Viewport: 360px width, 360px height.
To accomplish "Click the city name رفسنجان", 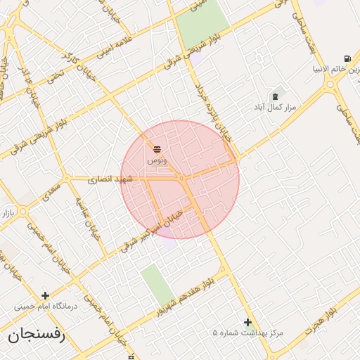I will (x=37, y=335).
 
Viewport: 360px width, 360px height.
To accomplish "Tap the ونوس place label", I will (x=157, y=160).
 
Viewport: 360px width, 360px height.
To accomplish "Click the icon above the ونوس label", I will (x=157, y=149).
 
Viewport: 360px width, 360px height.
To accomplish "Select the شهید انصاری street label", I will (x=110, y=180).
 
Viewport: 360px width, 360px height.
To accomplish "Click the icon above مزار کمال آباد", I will (x=274, y=96).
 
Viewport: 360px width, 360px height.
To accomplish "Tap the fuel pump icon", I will (x=347, y=59).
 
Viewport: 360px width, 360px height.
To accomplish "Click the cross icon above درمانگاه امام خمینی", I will (x=46, y=295).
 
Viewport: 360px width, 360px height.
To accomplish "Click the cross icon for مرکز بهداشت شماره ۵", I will (x=247, y=321).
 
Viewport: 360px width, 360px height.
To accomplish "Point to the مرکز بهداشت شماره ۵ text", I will (x=248, y=333).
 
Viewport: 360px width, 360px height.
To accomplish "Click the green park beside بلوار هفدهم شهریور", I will (x=157, y=285).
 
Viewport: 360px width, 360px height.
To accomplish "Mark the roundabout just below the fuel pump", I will (x=330, y=84).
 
